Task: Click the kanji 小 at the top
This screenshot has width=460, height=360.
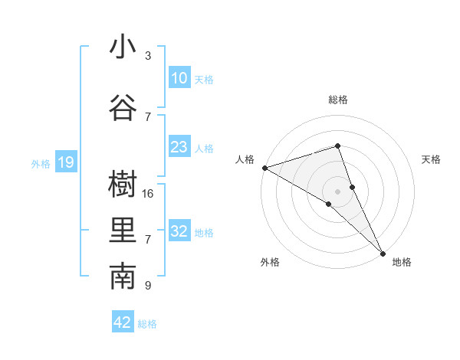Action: click(x=123, y=47)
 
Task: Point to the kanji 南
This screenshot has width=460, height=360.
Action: click(x=123, y=278)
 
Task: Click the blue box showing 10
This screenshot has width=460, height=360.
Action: click(x=179, y=78)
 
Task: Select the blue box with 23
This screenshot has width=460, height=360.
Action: click(x=179, y=147)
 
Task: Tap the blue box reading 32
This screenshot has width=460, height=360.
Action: click(x=179, y=231)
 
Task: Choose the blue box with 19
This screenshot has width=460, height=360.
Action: click(x=65, y=162)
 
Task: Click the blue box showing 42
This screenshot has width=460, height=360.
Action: click(x=123, y=322)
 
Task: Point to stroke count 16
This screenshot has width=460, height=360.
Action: click(x=149, y=194)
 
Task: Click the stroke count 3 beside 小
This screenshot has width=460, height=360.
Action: click(x=148, y=56)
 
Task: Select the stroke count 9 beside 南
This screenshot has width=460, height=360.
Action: click(x=148, y=286)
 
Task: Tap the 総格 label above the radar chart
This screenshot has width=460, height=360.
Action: click(x=337, y=100)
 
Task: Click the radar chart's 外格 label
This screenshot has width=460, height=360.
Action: click(x=270, y=263)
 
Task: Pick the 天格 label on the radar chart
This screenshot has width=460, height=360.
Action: click(x=432, y=159)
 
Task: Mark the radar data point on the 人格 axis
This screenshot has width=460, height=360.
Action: click(x=264, y=167)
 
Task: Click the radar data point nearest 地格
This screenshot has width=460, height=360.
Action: click(x=383, y=253)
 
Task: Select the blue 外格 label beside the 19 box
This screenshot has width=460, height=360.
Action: click(x=40, y=163)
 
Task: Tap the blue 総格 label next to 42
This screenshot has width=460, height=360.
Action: click(x=147, y=324)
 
